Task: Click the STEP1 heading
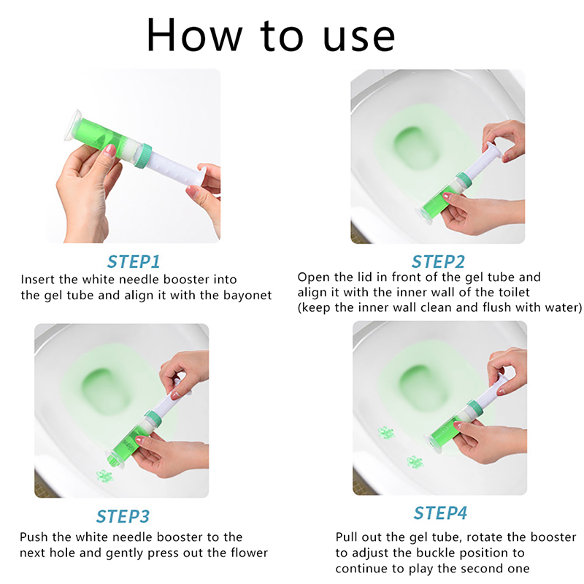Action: [x=134, y=261]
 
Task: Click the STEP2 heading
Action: [x=438, y=261]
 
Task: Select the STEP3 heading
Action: [x=123, y=516]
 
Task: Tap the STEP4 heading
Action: [x=440, y=513]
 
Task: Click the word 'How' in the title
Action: [x=194, y=35]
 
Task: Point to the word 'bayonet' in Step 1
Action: [x=247, y=296]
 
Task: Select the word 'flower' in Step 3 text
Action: [x=249, y=553]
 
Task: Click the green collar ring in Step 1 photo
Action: [x=143, y=155]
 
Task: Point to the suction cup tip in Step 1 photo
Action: [x=72, y=126]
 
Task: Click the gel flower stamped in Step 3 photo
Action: [x=104, y=475]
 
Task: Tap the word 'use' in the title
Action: [x=359, y=37]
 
